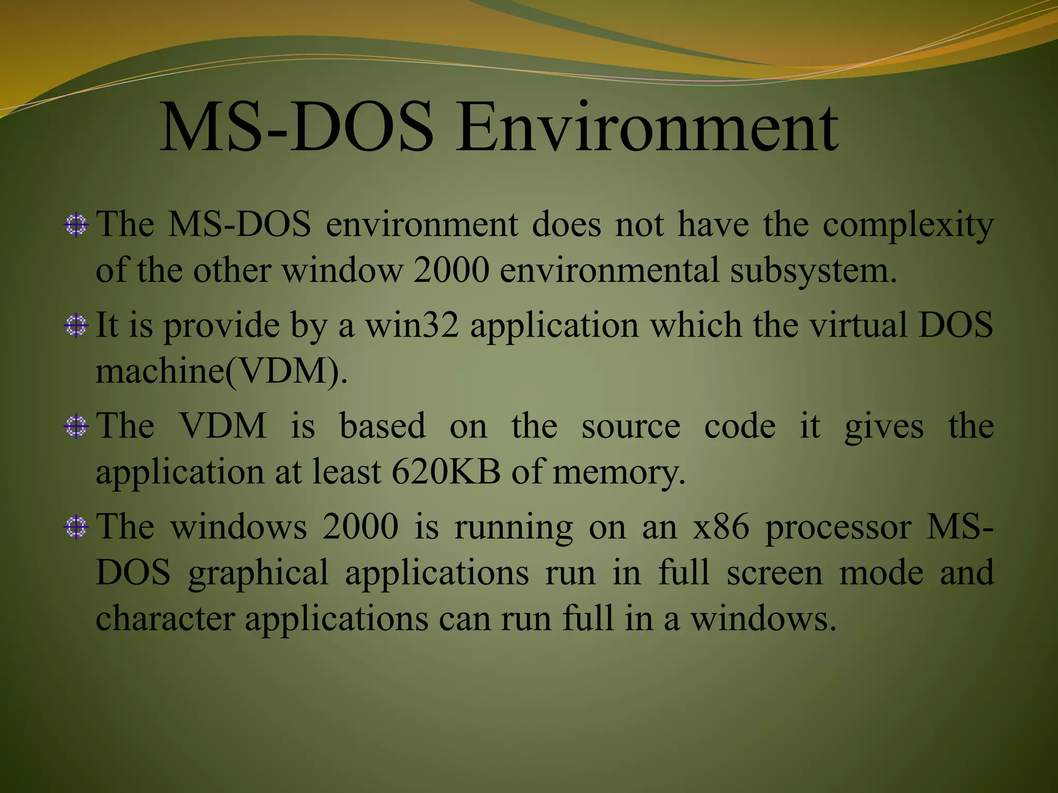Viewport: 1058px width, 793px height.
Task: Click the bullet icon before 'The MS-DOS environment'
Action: tap(76, 225)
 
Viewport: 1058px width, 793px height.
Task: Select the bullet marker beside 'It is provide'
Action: tap(76, 326)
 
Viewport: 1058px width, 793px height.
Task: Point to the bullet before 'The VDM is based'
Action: tap(76, 426)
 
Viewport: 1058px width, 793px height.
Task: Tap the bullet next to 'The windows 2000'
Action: tap(76, 527)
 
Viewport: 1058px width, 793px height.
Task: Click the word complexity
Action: tap(908, 226)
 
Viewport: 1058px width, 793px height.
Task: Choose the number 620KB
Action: tap(446, 472)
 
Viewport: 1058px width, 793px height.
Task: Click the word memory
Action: tap(618, 472)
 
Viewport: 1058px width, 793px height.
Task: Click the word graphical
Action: tap(258, 573)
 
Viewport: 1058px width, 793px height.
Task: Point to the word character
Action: tap(165, 618)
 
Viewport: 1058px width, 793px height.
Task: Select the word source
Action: tap(631, 426)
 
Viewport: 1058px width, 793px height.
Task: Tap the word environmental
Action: tap(610, 271)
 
